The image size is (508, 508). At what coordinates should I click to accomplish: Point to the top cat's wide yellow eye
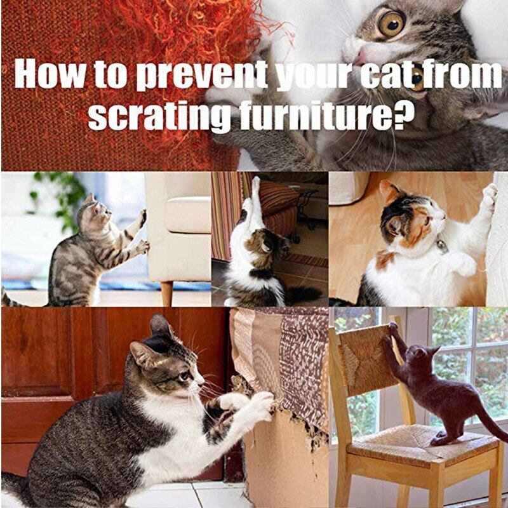391,23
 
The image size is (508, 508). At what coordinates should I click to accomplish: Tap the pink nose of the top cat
359,58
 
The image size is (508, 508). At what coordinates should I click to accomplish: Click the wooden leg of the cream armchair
167,293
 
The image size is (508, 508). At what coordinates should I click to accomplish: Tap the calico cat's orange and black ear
389,192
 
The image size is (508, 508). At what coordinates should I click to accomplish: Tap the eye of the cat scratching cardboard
185,375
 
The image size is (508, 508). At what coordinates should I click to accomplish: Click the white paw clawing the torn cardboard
261,405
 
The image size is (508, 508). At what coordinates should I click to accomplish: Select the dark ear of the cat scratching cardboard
160,326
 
